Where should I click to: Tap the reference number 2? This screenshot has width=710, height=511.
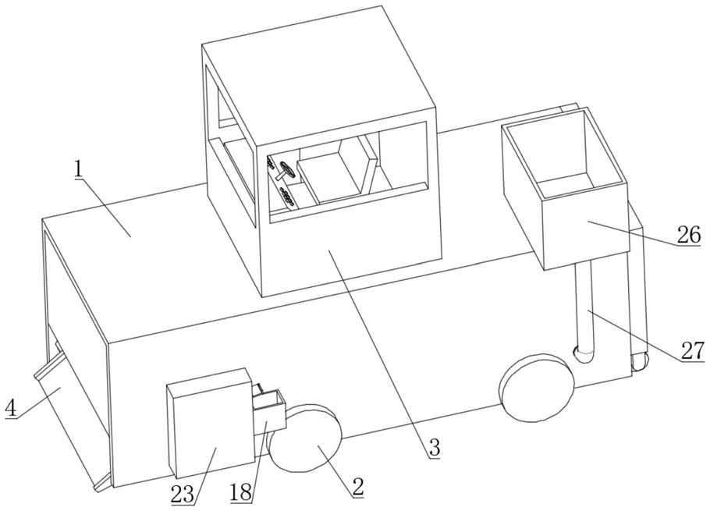pos(357,486)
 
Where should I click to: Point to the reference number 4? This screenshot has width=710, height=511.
pos(10,407)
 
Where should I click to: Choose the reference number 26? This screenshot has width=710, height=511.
pos(688,235)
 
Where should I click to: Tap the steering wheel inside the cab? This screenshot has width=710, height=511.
pos(286,171)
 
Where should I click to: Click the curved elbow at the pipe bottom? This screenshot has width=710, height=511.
pos(585,355)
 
